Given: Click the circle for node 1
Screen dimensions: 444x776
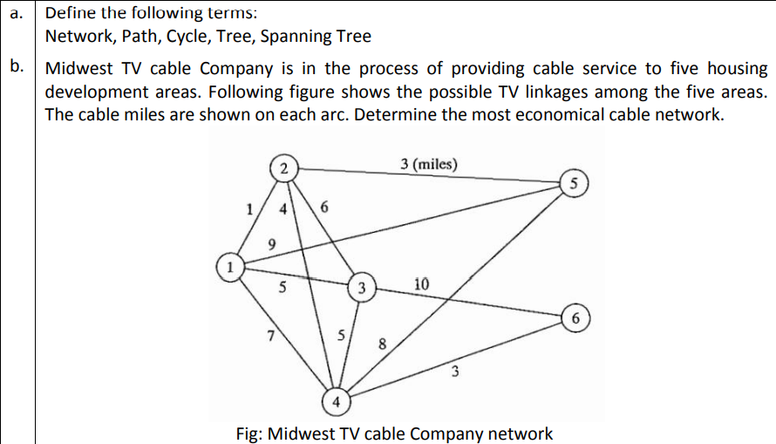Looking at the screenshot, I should (x=228, y=266).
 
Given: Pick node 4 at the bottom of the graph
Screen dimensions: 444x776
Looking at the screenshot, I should (x=336, y=403).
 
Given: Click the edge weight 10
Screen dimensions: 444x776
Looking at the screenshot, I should (x=421, y=284).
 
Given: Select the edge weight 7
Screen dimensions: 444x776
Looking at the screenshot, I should (x=272, y=335).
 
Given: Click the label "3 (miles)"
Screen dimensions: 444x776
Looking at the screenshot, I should (x=427, y=164).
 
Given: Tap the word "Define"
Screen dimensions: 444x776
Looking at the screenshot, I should (x=70, y=14).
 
